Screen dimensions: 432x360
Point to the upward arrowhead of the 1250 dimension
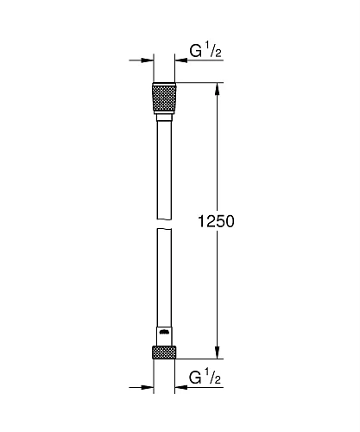click(x=217, y=89)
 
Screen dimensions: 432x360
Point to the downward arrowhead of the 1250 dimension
click(x=217, y=352)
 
